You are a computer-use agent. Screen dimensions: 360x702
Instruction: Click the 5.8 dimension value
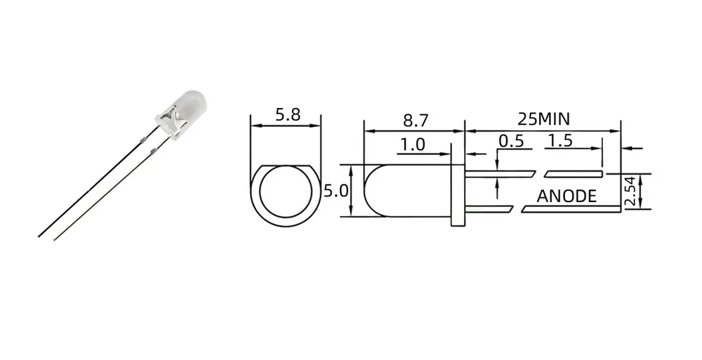(x=287, y=115)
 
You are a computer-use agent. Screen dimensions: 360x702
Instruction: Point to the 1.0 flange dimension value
(x=412, y=145)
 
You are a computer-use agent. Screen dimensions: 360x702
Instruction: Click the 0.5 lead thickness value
(x=510, y=140)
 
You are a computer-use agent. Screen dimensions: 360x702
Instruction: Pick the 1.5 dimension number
(x=559, y=140)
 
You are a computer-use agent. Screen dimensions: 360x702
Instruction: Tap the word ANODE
(x=567, y=196)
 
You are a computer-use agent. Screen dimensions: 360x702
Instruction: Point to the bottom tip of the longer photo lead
(x=39, y=236)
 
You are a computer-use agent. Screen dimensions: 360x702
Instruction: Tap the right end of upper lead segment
(x=602, y=171)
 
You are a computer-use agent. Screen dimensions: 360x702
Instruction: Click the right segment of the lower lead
(x=571, y=208)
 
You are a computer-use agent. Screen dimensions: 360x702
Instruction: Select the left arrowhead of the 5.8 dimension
(x=255, y=126)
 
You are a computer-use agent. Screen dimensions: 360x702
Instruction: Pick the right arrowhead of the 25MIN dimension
(x=617, y=131)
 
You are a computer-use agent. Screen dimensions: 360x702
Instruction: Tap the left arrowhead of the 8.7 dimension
(x=367, y=131)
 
